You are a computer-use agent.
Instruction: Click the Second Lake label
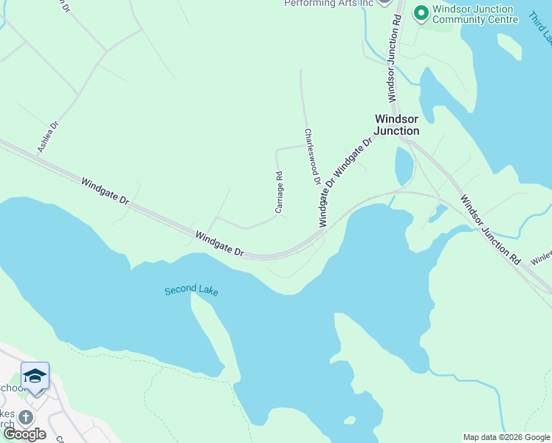point(191,291)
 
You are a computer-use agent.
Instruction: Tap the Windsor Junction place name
point(397,124)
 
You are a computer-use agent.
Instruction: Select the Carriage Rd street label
point(279,193)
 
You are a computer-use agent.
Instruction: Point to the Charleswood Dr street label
point(313,157)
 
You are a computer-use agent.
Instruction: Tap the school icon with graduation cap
point(35,377)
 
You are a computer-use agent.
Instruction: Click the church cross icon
point(26,417)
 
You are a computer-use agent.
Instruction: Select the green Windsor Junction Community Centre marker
point(421,13)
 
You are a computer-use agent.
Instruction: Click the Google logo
point(24,434)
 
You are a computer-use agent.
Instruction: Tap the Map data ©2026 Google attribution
point(507,437)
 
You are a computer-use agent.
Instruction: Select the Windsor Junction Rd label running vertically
point(394,61)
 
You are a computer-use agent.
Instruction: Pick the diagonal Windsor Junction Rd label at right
point(490,230)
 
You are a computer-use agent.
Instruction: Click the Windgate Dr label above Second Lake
point(219,243)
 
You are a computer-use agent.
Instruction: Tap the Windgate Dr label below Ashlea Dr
point(105,190)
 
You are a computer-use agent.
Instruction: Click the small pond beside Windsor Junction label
point(404,166)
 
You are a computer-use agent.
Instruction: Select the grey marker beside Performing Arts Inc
point(384,2)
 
